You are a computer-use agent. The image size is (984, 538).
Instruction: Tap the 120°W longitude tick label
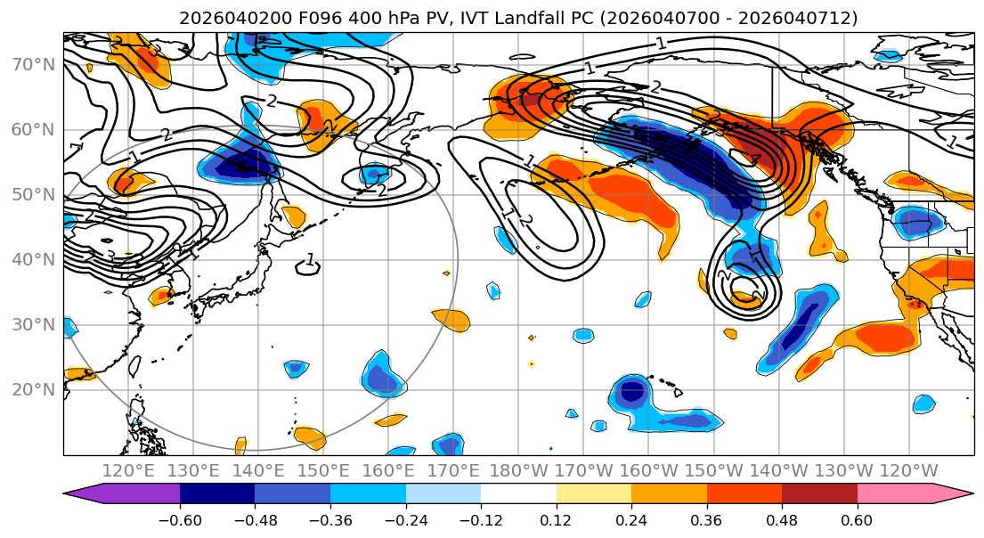(909, 470)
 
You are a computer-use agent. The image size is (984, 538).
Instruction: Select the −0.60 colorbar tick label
(180, 518)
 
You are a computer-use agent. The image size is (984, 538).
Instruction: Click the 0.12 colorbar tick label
(557, 518)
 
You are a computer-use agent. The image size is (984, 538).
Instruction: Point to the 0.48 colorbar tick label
(782, 518)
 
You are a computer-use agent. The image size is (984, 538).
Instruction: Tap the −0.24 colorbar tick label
(406, 518)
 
